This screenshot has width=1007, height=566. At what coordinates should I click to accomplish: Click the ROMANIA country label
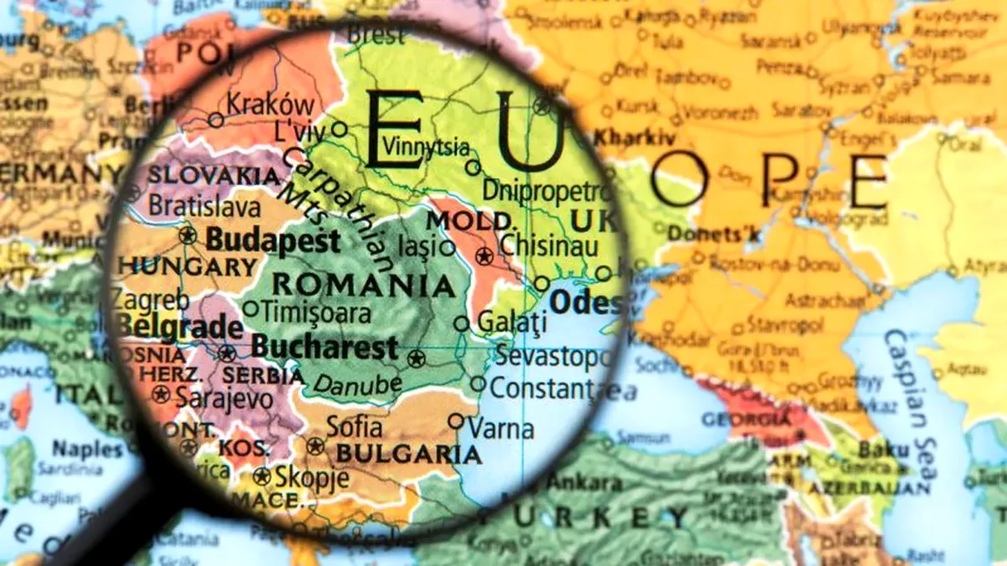[x=364, y=286]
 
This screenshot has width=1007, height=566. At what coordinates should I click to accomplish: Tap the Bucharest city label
[x=325, y=346]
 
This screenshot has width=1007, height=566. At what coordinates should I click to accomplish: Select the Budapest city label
[x=273, y=240]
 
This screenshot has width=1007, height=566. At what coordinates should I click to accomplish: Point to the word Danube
[x=357, y=385]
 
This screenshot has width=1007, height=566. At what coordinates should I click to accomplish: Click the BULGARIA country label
[x=408, y=455]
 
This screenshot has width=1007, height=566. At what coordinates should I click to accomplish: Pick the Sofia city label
[x=354, y=427]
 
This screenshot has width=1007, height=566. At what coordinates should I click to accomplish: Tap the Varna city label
[x=500, y=429]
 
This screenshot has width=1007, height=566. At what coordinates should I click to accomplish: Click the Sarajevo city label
[x=223, y=398]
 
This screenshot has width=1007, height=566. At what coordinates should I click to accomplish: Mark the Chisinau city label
[x=549, y=246]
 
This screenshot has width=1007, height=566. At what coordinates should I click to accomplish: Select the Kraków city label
[x=271, y=106]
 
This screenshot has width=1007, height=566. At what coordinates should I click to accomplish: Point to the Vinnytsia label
[x=426, y=147]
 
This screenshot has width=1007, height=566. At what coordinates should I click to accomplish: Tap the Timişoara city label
[x=316, y=312]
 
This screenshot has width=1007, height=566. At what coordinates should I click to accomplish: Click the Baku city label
[x=883, y=449]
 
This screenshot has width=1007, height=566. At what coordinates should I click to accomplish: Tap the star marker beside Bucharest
[x=416, y=359]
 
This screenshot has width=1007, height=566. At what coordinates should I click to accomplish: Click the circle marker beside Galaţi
[x=462, y=324]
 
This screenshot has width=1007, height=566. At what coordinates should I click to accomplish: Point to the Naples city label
[x=87, y=449]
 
